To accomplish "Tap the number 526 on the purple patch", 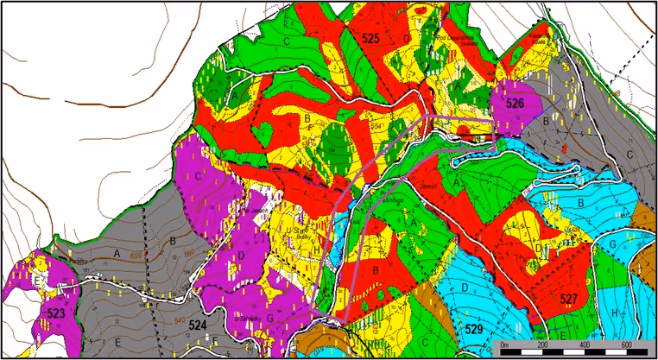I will point(516,104).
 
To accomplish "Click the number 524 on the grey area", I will point(198,326).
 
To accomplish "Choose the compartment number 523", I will point(56,313).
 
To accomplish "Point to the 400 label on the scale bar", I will point(585,346).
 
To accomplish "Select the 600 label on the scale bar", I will point(626,346).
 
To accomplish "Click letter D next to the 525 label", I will point(406,39).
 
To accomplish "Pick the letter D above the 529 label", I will point(465,286).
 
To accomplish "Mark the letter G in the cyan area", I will point(611,244).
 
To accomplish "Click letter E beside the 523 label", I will point(36,281).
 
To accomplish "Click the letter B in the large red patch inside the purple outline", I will point(376,269).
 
